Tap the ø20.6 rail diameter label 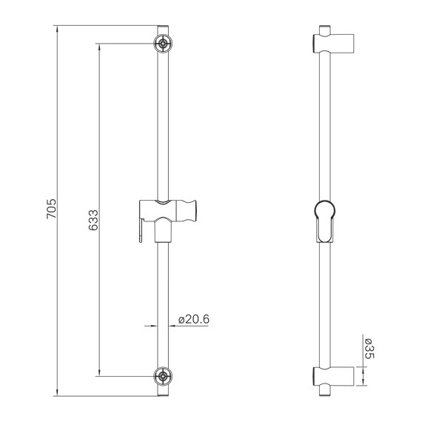tap(194, 320)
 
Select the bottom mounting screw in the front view tap(162, 376)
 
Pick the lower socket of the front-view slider tap(162, 234)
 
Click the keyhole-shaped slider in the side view tap(324, 220)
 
